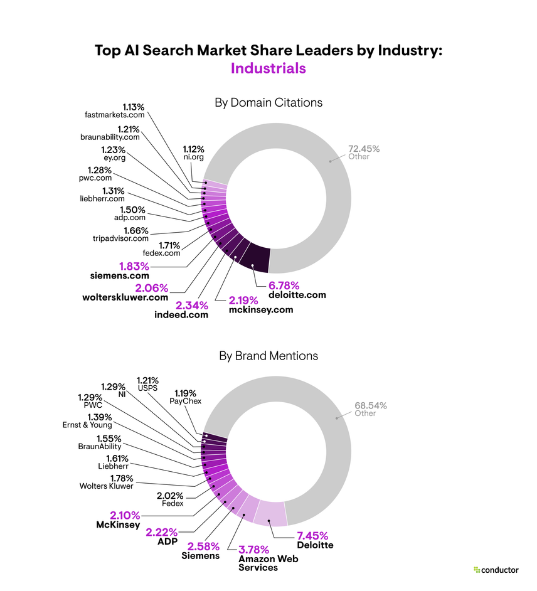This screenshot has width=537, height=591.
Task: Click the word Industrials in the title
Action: click(268, 68)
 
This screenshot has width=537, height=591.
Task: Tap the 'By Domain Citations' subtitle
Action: click(268, 102)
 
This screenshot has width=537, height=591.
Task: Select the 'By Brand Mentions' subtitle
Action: click(268, 356)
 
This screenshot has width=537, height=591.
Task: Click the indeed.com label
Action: click(181, 314)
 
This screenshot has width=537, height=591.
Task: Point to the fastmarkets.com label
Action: click(115, 115)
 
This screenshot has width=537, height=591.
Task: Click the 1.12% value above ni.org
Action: click(193, 149)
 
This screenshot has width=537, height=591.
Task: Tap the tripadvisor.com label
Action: click(120, 238)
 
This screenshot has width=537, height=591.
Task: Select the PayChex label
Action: click(186, 400)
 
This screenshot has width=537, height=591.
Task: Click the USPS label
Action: click(148, 388)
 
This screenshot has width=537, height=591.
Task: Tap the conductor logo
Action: click(496, 570)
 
